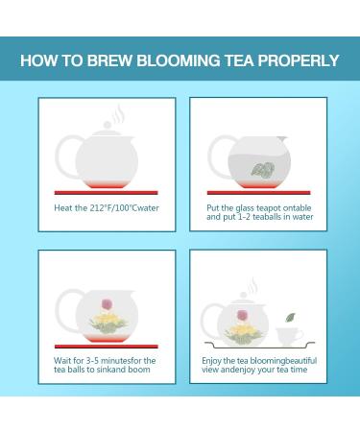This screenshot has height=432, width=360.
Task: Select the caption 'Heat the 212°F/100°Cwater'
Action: point(107,207)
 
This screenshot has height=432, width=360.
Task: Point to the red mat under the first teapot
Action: point(106,193)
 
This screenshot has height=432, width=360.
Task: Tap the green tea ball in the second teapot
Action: point(262,171)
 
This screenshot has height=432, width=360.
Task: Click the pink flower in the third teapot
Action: point(107,304)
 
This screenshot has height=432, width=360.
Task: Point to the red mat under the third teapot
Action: point(106,346)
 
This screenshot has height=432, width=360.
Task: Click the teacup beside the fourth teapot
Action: point(288,335)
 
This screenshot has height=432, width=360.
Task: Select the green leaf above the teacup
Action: point(290,317)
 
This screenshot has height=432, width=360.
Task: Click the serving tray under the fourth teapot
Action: point(259,345)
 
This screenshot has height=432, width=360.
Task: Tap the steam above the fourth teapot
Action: point(252,286)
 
